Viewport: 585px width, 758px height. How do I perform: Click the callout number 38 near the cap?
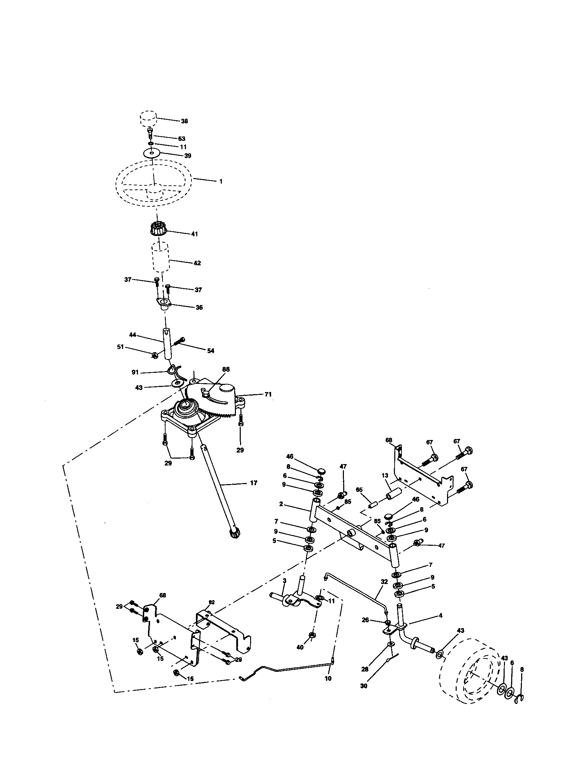click(184, 121)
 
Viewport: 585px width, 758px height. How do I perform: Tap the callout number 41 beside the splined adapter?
click(194, 234)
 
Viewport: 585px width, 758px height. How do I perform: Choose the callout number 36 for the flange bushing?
click(199, 307)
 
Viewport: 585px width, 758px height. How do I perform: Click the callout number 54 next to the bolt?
click(210, 351)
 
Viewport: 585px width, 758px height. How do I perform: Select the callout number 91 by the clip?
click(135, 372)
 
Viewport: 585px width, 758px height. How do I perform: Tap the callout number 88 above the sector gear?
click(226, 369)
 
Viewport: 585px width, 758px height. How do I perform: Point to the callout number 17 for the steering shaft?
click(254, 483)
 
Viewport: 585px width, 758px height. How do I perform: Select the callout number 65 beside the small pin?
click(359, 490)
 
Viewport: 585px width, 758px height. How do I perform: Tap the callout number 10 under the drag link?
click(328, 678)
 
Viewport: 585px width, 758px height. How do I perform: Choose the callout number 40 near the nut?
click(300, 647)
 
